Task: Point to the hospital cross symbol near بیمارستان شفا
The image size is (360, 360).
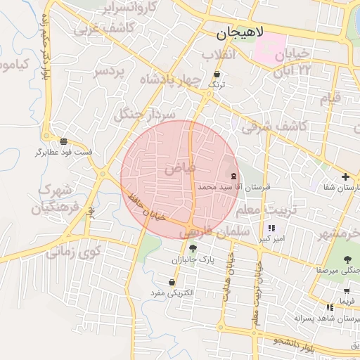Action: click(345, 176)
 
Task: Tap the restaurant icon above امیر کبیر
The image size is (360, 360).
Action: click(271, 228)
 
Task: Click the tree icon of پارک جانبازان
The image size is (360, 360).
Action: click(193, 248)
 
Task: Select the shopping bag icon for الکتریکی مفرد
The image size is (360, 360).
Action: click(172, 282)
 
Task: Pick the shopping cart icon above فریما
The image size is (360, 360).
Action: click(347, 290)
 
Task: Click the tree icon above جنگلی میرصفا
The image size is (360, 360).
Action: click(346, 259)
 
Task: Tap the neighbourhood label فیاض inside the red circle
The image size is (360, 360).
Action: click(180, 169)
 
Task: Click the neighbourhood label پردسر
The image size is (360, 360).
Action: click(110, 72)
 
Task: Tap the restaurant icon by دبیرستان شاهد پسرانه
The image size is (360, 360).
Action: click(330, 307)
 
